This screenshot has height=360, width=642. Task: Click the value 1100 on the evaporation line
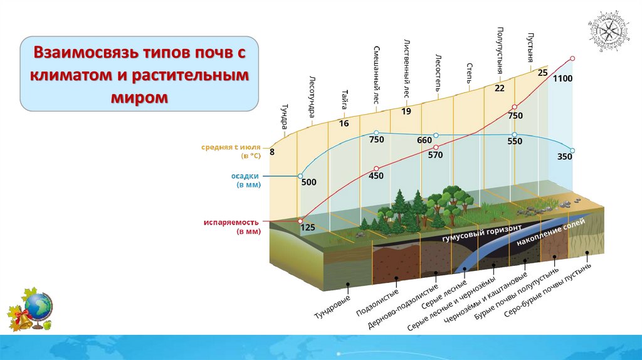(x=563, y=78)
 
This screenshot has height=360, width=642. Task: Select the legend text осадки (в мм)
(x=248, y=180)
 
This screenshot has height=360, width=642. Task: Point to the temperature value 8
(x=272, y=152)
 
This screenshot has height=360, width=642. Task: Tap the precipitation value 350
(x=564, y=157)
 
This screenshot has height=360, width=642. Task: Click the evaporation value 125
(x=308, y=228)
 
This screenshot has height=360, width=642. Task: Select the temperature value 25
(x=543, y=73)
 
